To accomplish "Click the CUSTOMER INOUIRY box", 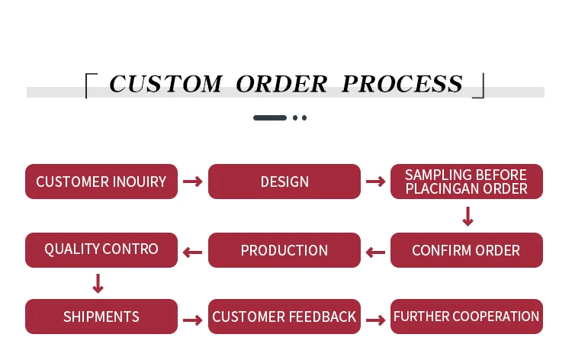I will click(x=101, y=182).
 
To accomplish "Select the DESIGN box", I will click(x=284, y=182).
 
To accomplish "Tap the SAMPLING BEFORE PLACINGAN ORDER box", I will click(x=466, y=182).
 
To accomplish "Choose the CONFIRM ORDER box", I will click(x=466, y=250).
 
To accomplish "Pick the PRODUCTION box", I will click(x=284, y=250).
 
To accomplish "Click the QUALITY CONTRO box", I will click(x=101, y=250).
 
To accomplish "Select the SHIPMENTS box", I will click(x=101, y=317).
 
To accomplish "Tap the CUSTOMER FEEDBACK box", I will click(x=284, y=317).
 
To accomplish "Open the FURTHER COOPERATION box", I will click(x=466, y=317).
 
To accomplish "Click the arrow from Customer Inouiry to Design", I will click(x=193, y=182).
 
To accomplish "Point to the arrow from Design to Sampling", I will click(x=375, y=182).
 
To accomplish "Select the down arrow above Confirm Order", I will click(x=468, y=217).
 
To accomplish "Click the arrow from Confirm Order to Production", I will click(x=375, y=252).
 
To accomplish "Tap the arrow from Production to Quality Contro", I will click(x=193, y=252).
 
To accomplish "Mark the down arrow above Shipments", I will click(x=98, y=284).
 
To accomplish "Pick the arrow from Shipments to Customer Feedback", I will click(x=193, y=319).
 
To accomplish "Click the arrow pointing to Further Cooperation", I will click(x=375, y=319).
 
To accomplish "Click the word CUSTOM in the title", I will click(x=165, y=84).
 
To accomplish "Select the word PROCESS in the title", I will click(x=402, y=84).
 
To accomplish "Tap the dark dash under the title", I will click(x=270, y=118).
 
